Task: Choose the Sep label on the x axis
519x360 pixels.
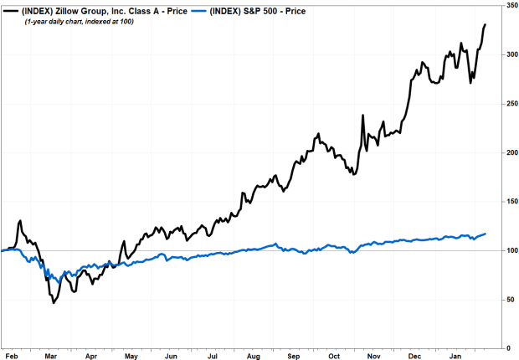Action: (x=294, y=356)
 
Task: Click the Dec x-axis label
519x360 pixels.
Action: (x=414, y=356)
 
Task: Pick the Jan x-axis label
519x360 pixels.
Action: (x=455, y=356)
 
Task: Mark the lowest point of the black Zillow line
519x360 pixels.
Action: (x=54, y=301)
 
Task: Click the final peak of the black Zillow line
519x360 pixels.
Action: (x=486, y=25)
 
